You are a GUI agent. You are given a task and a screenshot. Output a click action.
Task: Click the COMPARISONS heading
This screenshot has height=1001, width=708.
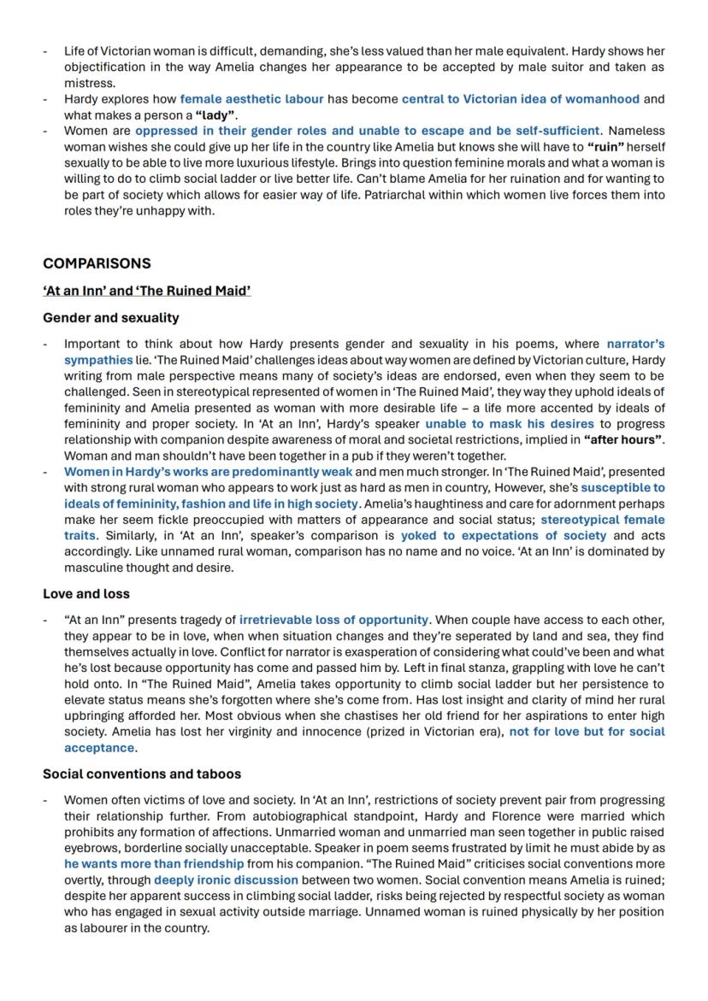tap(97, 263)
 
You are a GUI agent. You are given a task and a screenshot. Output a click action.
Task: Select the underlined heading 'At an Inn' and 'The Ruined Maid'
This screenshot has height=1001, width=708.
tap(146, 291)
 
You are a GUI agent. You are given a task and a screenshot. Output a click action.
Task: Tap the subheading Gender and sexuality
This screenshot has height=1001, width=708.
tap(111, 318)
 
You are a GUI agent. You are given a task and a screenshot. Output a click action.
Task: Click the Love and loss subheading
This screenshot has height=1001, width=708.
tap(86, 593)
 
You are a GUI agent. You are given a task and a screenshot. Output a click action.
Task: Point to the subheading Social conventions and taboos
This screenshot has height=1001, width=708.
tap(142, 774)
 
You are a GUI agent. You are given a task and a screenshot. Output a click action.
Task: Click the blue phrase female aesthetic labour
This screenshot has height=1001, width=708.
tap(251, 99)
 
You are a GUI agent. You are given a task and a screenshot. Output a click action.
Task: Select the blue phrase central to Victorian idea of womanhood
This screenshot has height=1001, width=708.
tap(520, 99)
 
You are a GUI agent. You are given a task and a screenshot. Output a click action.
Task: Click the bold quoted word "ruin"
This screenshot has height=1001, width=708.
tap(609, 147)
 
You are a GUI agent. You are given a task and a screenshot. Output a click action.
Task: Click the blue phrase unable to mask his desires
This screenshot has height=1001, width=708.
tap(509, 424)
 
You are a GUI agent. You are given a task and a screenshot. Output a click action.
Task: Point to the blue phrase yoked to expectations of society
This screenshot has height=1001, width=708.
tap(504, 536)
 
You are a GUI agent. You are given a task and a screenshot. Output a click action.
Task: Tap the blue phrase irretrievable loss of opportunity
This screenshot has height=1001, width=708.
tap(333, 620)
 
